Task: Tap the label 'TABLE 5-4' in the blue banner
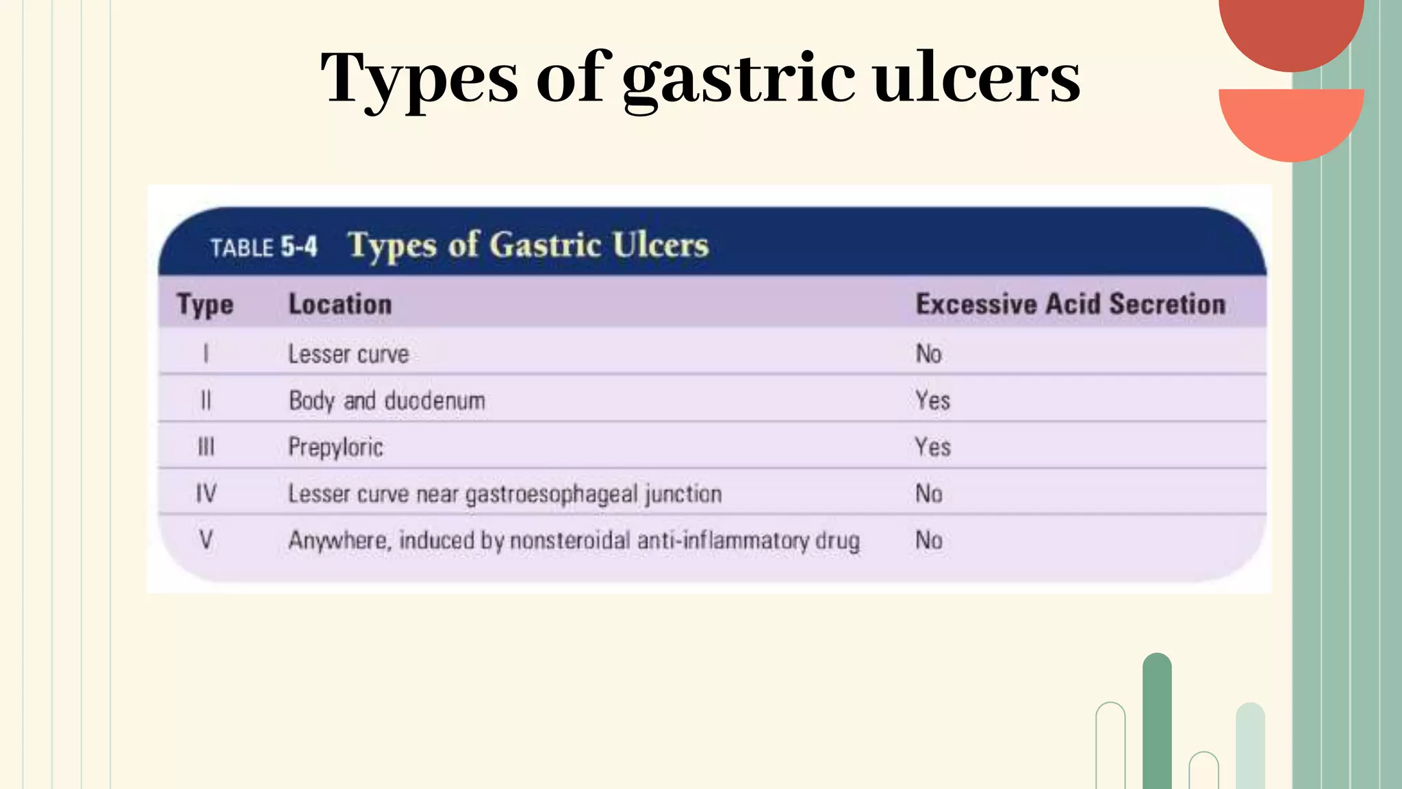point(264,247)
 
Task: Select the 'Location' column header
point(340,304)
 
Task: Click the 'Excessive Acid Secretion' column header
point(1070,304)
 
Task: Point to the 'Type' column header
point(205,305)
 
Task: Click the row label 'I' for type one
point(205,353)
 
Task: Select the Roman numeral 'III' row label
point(205,447)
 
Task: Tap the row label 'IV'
point(205,493)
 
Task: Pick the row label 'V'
point(205,540)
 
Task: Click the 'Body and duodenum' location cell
point(387,401)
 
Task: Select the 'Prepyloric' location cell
point(335,447)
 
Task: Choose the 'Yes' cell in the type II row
point(932,401)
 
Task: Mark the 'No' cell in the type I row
point(929,354)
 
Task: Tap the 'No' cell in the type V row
point(929,540)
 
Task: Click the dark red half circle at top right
point(1291,31)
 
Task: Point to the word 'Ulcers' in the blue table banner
point(660,245)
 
